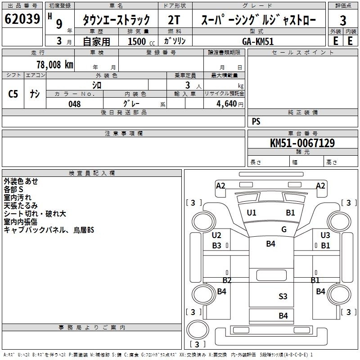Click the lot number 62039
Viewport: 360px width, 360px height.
coord(22,18)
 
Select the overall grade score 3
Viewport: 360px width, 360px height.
coord(343,20)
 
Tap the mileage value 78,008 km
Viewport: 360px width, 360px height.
coord(55,65)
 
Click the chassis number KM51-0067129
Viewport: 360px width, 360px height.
coord(302,143)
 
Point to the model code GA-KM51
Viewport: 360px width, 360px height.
coord(258,41)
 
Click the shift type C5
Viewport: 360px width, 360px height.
coord(13,94)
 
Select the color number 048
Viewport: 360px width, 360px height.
coord(75,104)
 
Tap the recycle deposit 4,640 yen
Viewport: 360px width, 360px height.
coord(230,104)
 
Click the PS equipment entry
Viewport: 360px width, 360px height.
coord(256,121)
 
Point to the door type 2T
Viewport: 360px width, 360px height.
coord(174,20)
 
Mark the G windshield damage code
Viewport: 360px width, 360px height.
coord(284,229)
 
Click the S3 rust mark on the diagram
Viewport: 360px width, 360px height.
coord(283,297)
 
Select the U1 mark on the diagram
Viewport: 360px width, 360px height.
coord(252,213)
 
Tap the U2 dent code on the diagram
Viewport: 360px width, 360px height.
coord(216,235)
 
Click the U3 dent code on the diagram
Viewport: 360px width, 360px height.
coord(325,235)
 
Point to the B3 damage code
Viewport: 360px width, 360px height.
coord(216,245)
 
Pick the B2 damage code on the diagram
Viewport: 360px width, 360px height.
coord(227,280)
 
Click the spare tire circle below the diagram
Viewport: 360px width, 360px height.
coord(198,329)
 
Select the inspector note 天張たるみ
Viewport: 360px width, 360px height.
coord(20,206)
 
